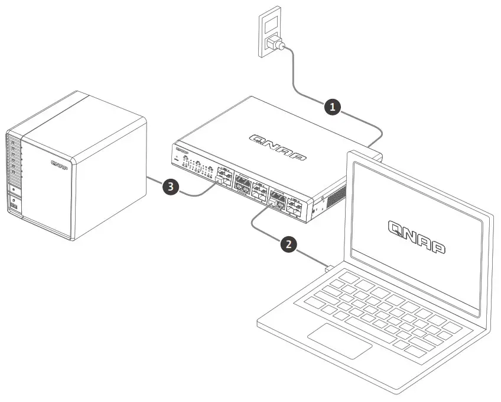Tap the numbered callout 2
[288, 244]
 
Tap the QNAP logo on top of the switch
[278, 146]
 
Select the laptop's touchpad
[339, 339]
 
